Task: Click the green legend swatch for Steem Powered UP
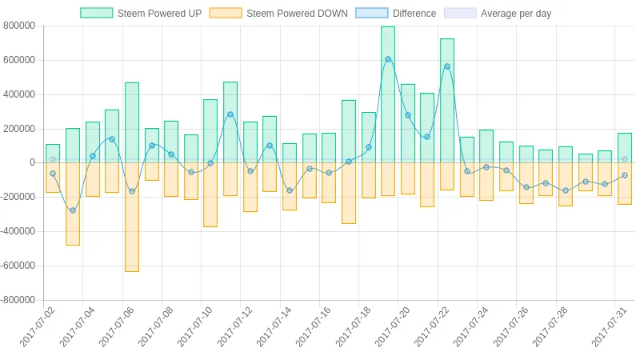96,13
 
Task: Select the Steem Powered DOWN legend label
297,14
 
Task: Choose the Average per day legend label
516,14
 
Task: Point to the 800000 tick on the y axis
19,26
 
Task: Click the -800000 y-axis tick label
18,300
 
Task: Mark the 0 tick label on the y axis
32,162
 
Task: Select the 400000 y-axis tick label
19,94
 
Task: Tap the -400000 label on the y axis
18,231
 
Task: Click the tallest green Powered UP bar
388,94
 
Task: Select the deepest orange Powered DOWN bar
132,217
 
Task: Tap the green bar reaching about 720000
447,101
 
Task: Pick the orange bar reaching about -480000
73,204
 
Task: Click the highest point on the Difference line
388,59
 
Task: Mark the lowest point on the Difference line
73,210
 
